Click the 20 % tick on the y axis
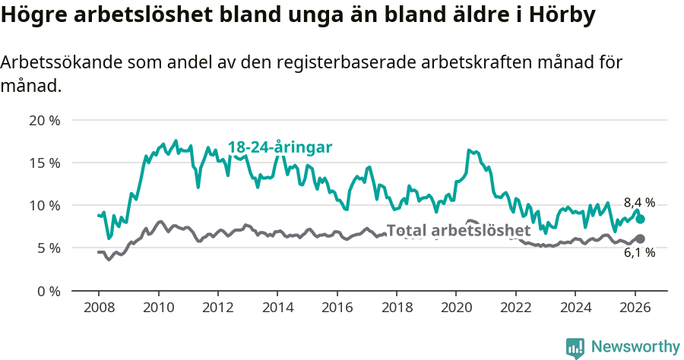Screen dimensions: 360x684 (44, 120)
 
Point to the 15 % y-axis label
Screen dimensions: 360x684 (44, 163)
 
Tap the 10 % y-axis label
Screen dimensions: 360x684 (44, 205)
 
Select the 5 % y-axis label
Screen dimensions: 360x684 (47, 248)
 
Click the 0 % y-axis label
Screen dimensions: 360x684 (47, 290)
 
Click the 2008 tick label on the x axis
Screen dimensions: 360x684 (99, 308)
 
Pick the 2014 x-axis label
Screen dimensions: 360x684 (277, 308)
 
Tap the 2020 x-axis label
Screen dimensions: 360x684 (456, 308)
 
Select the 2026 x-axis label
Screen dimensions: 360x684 (635, 308)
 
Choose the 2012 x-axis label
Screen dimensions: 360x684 (218, 308)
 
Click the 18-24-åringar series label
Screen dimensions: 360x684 (280, 147)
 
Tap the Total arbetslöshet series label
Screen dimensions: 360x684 (458, 230)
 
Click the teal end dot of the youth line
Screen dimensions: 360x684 (640, 219)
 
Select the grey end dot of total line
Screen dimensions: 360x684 (640, 238)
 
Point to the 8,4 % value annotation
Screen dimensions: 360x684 (639, 203)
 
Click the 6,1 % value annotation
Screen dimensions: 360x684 (639, 254)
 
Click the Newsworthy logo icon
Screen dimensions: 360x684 (575, 347)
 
